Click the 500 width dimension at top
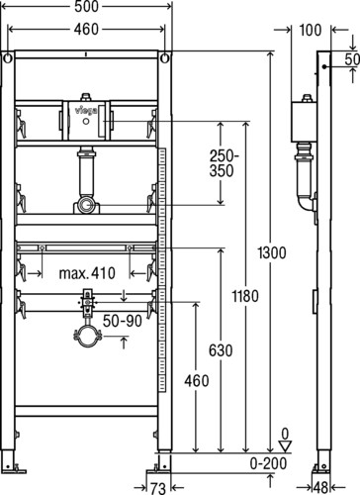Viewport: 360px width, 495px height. coord(86,7)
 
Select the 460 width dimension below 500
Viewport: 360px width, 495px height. coord(86,29)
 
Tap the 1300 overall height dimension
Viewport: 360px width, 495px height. coord(272,253)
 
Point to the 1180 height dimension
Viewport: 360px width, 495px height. coord(245,296)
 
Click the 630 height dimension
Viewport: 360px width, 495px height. coord(221,350)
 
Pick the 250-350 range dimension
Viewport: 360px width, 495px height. coord(224,163)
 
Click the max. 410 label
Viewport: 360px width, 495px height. coord(87,273)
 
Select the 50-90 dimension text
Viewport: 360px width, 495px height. coord(123,321)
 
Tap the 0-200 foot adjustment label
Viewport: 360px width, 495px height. coord(268,463)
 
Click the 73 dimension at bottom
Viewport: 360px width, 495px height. coord(158,488)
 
